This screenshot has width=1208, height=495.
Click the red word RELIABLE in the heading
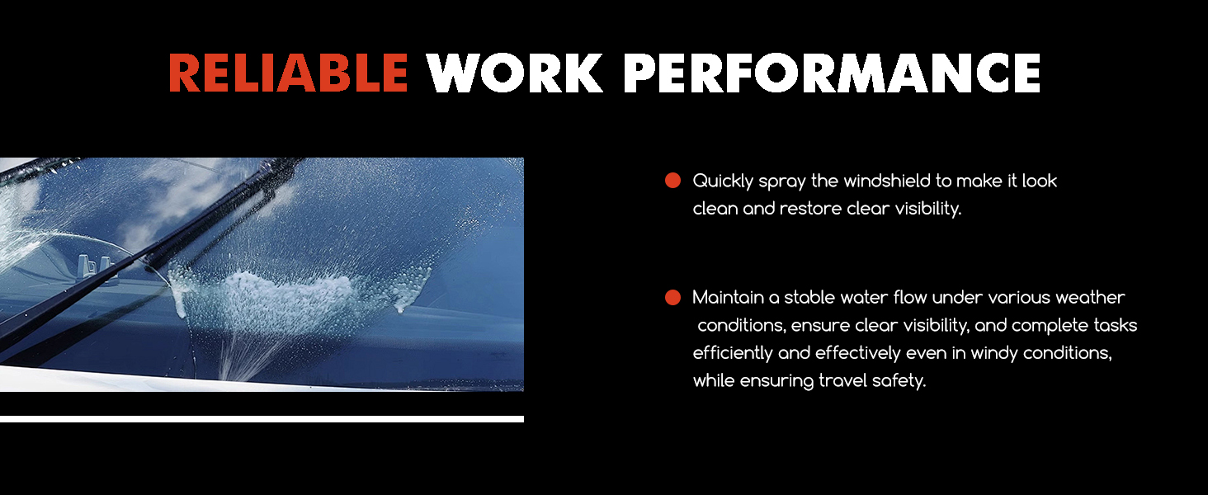pos(289,73)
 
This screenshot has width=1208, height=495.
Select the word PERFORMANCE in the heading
pos(832,73)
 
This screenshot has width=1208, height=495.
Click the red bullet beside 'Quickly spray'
pos(672,181)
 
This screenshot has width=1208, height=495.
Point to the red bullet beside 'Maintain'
pos(672,297)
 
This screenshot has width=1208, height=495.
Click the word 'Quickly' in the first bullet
pos(723,181)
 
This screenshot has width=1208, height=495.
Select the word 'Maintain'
pos(729,297)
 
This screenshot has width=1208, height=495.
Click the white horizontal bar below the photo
pos(262,419)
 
